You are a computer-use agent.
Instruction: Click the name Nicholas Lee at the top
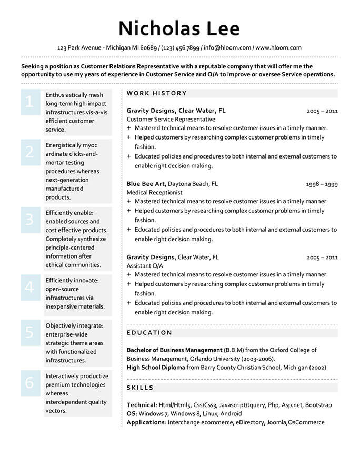(179, 28)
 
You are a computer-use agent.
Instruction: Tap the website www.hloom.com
(278, 47)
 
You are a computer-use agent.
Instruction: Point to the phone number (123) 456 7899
(180, 47)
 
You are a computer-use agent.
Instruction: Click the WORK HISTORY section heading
(157, 93)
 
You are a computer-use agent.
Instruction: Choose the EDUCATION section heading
(149, 333)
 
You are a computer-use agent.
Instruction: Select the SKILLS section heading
(140, 388)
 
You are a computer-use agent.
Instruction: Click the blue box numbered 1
(29, 102)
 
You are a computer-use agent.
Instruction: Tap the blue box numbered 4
(29, 287)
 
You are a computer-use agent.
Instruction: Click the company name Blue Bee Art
(146, 184)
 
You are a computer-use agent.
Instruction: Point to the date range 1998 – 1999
(322, 184)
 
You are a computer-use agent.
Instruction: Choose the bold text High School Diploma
(156, 368)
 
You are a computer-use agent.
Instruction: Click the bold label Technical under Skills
(141, 405)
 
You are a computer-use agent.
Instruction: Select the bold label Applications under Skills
(146, 422)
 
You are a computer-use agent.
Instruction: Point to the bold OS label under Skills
(131, 414)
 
